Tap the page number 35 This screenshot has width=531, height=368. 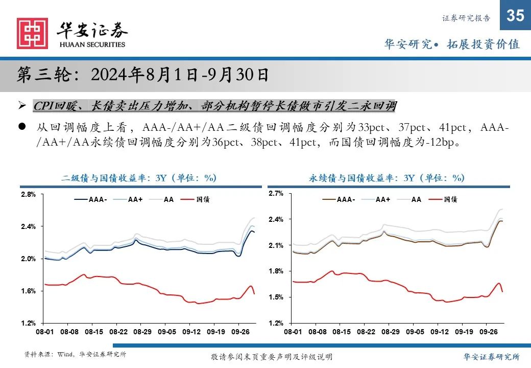515,16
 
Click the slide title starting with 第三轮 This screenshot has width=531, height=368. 143,75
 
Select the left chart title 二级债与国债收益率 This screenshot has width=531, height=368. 139,178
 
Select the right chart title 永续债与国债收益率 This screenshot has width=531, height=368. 387,178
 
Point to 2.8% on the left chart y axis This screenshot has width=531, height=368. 28,195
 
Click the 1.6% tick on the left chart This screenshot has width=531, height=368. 28,291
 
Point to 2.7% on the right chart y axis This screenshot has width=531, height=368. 276,194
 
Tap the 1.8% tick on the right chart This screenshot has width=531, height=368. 276,271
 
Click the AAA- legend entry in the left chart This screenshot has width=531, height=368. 97,200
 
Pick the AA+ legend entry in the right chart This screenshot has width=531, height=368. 382,200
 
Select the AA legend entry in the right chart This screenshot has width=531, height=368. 416,200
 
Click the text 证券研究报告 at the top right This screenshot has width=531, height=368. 466,18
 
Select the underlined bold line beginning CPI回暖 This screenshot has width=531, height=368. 214,106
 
